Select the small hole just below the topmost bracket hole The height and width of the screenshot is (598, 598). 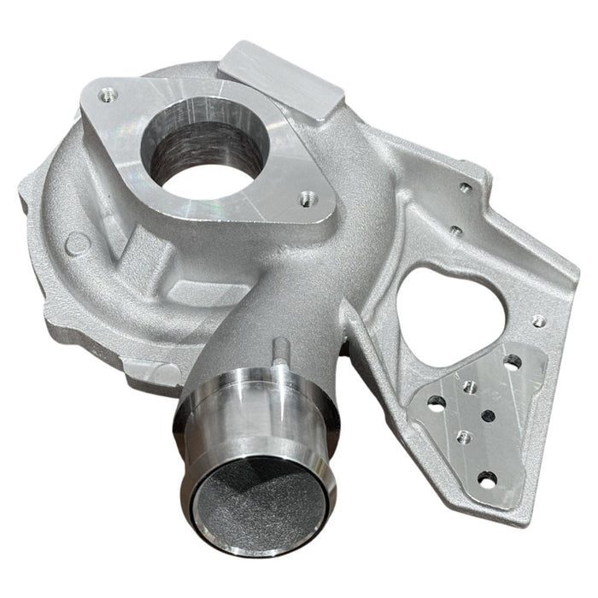coord(456,229)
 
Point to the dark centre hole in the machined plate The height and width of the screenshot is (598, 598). coord(488,416)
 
